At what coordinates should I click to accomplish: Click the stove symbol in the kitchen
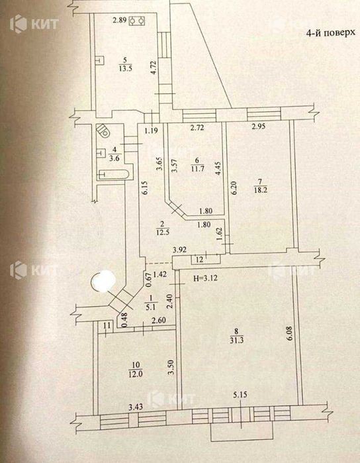coord(138,21)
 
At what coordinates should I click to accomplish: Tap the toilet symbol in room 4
coord(103,130)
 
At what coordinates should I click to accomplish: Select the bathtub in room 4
coord(114,174)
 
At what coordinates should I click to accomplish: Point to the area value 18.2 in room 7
coord(261,190)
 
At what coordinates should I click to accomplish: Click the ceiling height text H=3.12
coord(205,278)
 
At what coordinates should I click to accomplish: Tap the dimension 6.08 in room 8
coord(289,333)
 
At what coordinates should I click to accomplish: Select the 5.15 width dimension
coord(240,395)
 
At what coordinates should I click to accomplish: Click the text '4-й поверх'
coord(330,32)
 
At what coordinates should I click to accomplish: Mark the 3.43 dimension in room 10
coord(136,407)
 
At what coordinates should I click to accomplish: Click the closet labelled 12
coord(206,259)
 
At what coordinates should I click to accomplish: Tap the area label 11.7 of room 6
coord(197,169)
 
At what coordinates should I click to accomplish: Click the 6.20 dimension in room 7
coord(234,187)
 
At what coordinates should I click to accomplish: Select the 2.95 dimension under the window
coord(259,127)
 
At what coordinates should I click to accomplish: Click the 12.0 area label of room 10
coord(136,374)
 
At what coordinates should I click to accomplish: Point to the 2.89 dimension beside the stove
coord(120,21)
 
